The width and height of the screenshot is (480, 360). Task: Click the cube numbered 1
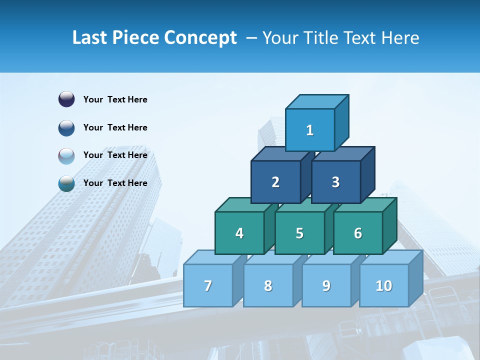pyautogui.click(x=310, y=130)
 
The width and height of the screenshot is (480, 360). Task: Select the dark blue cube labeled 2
pyautogui.click(x=275, y=182)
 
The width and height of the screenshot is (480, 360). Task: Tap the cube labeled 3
pyautogui.click(x=335, y=182)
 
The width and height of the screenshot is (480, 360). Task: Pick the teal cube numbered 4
pyautogui.click(x=239, y=233)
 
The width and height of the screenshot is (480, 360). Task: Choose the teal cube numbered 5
pyautogui.click(x=299, y=233)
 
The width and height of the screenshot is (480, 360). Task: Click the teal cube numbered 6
pyautogui.click(x=358, y=233)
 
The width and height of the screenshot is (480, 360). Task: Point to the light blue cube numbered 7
pyautogui.click(x=208, y=285)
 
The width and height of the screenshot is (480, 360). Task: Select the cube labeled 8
pyautogui.click(x=268, y=285)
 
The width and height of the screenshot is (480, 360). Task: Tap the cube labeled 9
pyautogui.click(x=326, y=285)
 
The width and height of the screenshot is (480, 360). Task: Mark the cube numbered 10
pyautogui.click(x=384, y=285)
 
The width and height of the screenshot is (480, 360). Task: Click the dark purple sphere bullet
pyautogui.click(x=66, y=99)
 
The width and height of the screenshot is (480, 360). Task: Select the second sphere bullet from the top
pyautogui.click(x=66, y=127)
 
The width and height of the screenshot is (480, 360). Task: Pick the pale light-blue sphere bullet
pyautogui.click(x=66, y=155)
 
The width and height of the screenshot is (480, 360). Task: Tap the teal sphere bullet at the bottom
pyautogui.click(x=66, y=183)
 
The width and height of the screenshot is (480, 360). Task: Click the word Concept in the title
pyautogui.click(x=200, y=38)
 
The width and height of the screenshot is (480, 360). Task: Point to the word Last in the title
pyautogui.click(x=90, y=38)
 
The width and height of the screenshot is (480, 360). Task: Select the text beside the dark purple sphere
pyautogui.click(x=115, y=99)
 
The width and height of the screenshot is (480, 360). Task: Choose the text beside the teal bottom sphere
pyautogui.click(x=115, y=183)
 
